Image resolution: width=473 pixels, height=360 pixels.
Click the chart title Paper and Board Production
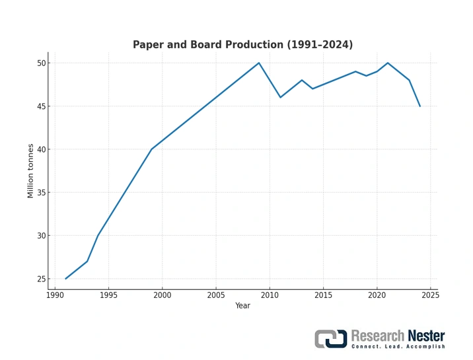(242, 45)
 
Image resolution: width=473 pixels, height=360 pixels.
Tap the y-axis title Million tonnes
(30, 170)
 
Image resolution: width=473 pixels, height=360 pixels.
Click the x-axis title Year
(242, 306)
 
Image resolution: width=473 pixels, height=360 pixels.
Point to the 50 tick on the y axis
(42, 63)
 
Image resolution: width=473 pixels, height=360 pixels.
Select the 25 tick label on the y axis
(42, 279)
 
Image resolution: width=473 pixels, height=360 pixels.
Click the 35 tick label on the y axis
(42, 193)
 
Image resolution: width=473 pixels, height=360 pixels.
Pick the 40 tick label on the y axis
(42, 149)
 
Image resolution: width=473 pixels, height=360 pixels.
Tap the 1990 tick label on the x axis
(55, 295)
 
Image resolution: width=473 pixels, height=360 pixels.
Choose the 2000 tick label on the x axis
(163, 295)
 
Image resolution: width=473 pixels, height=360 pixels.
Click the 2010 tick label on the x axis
(270, 295)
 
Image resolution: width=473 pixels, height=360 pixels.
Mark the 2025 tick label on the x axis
(431, 295)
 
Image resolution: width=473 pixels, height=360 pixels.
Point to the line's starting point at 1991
(65, 279)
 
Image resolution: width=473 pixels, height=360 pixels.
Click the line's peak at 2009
(259, 63)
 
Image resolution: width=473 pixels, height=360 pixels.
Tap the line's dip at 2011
(280, 97)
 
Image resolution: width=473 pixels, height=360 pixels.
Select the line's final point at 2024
(420, 106)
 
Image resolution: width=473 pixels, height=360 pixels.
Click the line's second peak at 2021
(388, 63)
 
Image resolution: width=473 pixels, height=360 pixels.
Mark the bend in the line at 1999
(151, 149)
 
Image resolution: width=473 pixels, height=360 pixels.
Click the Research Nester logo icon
(330, 339)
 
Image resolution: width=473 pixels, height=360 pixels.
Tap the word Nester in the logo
(425, 336)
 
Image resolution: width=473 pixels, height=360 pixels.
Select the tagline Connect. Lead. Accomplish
(398, 347)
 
